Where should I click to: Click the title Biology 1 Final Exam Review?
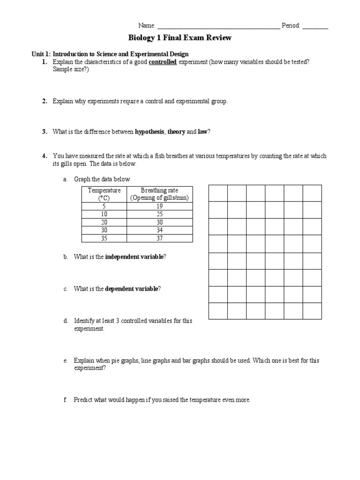pos(180,37)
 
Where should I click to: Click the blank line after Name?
pos(218,26)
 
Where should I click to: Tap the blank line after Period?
pos(315,26)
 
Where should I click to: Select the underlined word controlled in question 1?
pos(163,62)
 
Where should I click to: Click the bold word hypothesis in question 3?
pos(150,132)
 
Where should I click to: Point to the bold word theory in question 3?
pos(177,132)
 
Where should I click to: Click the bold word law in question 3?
pos(202,132)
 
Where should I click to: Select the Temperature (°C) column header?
pos(104,194)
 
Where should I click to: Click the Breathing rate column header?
pos(160,194)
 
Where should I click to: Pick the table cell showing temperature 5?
pos(104,206)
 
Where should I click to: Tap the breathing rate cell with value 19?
pos(160,206)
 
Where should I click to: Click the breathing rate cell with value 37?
pos(160,238)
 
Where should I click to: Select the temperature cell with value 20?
pos(104,222)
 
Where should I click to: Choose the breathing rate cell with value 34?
pos(160,230)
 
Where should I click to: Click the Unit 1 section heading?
pos(110,54)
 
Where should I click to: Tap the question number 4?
pos(44,156)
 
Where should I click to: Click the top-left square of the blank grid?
pos(218,193)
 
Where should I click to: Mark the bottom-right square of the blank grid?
pos(312,311)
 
